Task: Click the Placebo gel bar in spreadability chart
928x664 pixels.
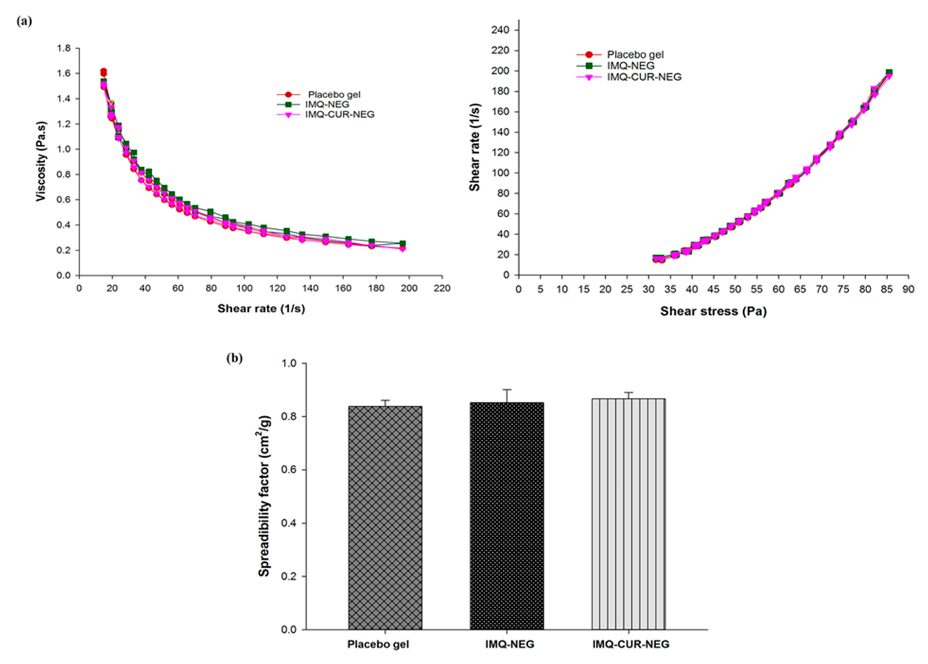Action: click(x=385, y=517)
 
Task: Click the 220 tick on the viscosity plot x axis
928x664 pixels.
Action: click(x=442, y=288)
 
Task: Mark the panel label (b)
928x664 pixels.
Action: click(x=234, y=358)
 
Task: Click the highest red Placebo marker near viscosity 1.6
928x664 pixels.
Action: click(x=104, y=71)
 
